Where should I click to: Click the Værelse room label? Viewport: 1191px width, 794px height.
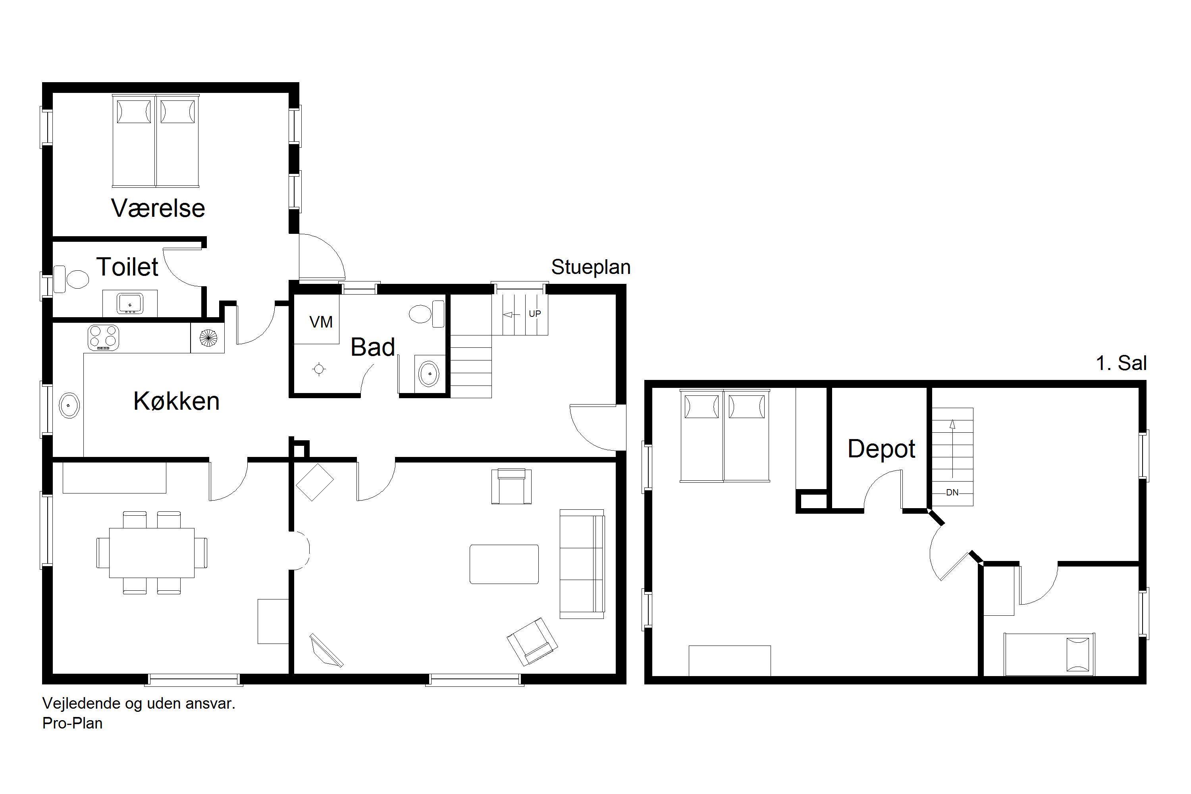click(158, 208)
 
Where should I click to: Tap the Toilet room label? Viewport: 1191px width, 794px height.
click(127, 267)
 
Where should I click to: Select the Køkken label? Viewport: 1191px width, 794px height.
click(176, 401)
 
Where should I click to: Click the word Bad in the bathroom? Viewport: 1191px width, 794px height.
click(373, 347)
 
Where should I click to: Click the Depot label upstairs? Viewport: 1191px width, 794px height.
click(882, 449)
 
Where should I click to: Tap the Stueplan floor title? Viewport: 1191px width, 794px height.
click(591, 267)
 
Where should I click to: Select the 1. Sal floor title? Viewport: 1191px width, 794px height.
click(1121, 363)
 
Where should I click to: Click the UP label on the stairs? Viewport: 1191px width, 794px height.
click(535, 314)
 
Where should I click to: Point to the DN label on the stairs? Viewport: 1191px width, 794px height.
click(952, 492)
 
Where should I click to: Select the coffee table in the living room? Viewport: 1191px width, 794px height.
click(504, 564)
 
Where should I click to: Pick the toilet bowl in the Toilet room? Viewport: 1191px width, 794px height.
click(71, 279)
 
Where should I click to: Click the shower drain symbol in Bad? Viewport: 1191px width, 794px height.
click(319, 369)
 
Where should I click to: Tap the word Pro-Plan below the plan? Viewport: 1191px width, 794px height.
click(72, 723)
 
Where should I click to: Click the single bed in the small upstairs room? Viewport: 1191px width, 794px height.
click(1049, 654)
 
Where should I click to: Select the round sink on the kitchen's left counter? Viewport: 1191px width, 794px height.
click(69, 405)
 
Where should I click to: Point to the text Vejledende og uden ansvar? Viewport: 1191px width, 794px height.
click(139, 703)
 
